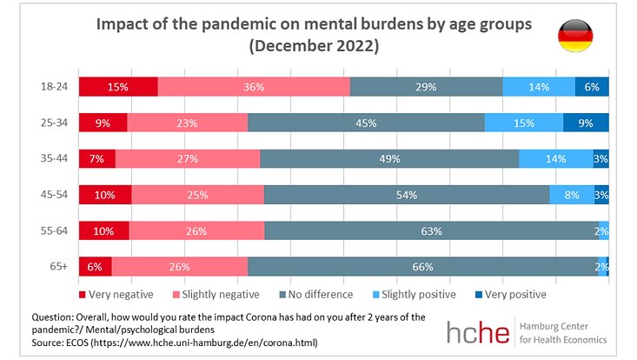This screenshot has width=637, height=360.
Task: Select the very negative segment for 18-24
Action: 118,87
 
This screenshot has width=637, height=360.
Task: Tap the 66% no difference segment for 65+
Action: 422,266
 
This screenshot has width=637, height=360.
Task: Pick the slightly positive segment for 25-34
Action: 524,123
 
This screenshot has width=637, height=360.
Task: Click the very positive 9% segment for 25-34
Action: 586,123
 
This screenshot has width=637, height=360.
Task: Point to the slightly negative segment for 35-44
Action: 188,158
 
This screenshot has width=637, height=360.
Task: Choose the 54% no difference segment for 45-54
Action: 407,195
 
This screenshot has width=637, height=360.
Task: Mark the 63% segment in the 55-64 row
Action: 430,230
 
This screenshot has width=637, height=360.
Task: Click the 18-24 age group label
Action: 54,87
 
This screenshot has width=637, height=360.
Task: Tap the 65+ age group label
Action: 58,266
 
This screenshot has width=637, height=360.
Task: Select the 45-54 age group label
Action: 54,195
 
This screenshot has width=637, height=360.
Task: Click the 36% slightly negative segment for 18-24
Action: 254,87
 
